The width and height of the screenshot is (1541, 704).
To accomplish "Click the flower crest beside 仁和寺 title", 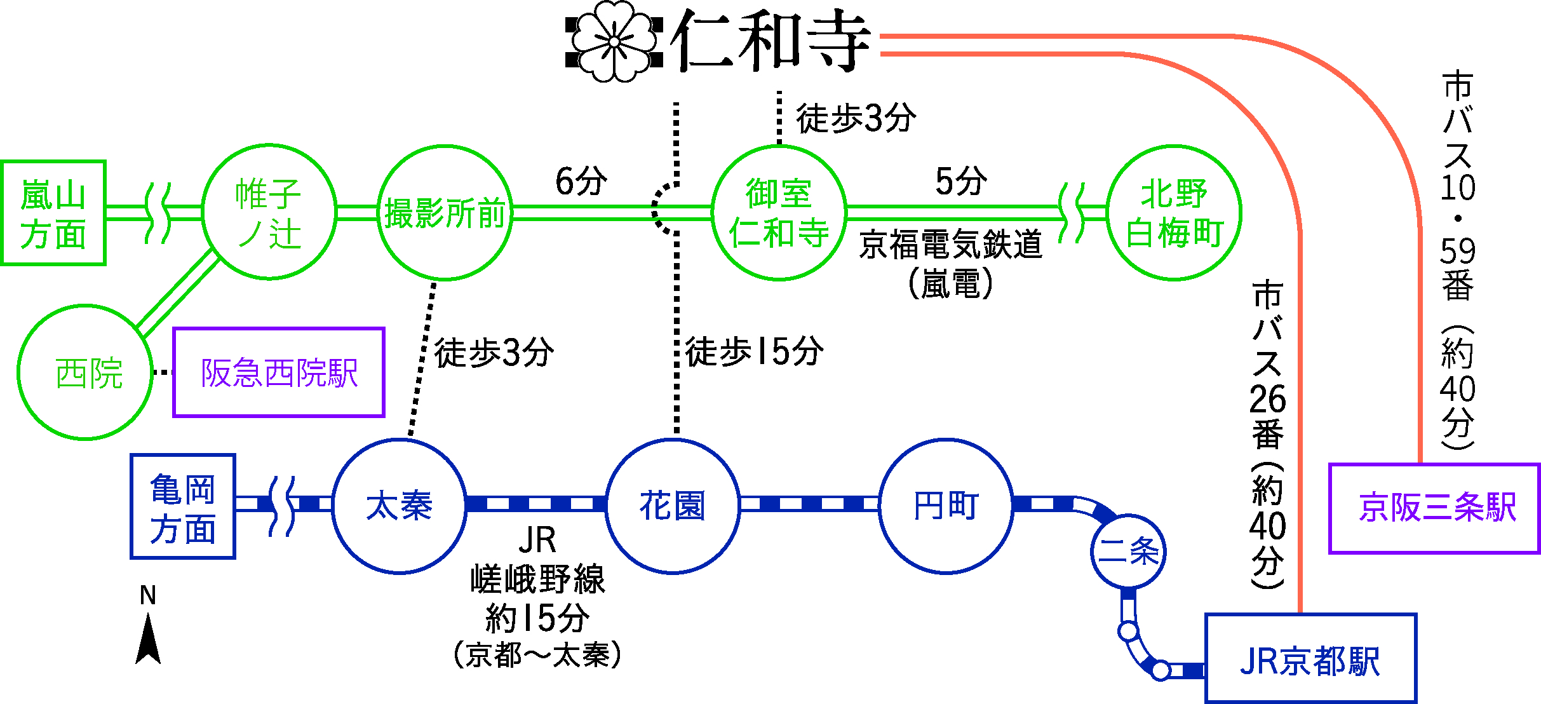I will click(614, 41).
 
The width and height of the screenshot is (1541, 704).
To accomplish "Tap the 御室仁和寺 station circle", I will click(779, 212).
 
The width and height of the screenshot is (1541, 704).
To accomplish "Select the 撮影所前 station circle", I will click(445, 212).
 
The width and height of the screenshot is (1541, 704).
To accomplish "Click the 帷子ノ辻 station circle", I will click(269, 212).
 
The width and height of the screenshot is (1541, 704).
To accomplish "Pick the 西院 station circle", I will click(85, 372).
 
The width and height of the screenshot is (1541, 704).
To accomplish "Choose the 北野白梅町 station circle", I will click(1174, 212).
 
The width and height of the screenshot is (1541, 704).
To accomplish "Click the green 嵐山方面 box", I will click(53, 213).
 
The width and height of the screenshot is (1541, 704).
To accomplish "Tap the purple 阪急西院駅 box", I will click(279, 372).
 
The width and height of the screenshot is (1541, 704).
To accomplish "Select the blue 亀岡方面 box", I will click(183, 506).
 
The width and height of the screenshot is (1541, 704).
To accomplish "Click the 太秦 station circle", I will click(399, 506).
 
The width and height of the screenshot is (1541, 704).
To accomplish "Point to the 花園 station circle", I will click(672, 506).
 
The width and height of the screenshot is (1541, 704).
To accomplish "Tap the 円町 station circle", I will click(946, 506).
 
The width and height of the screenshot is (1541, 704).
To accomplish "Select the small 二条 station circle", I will click(1128, 552).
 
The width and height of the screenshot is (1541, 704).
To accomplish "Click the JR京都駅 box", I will click(1310, 658).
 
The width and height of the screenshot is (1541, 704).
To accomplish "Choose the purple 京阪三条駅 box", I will click(1434, 508).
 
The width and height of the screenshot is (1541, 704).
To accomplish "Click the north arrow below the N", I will click(148, 640).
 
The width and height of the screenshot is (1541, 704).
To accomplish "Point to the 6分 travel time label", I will click(581, 181).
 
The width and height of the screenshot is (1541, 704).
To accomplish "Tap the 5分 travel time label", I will click(961, 181).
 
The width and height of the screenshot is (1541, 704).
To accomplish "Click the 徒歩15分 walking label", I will click(754, 351).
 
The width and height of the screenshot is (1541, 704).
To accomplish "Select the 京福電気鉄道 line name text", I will click(951, 245).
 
